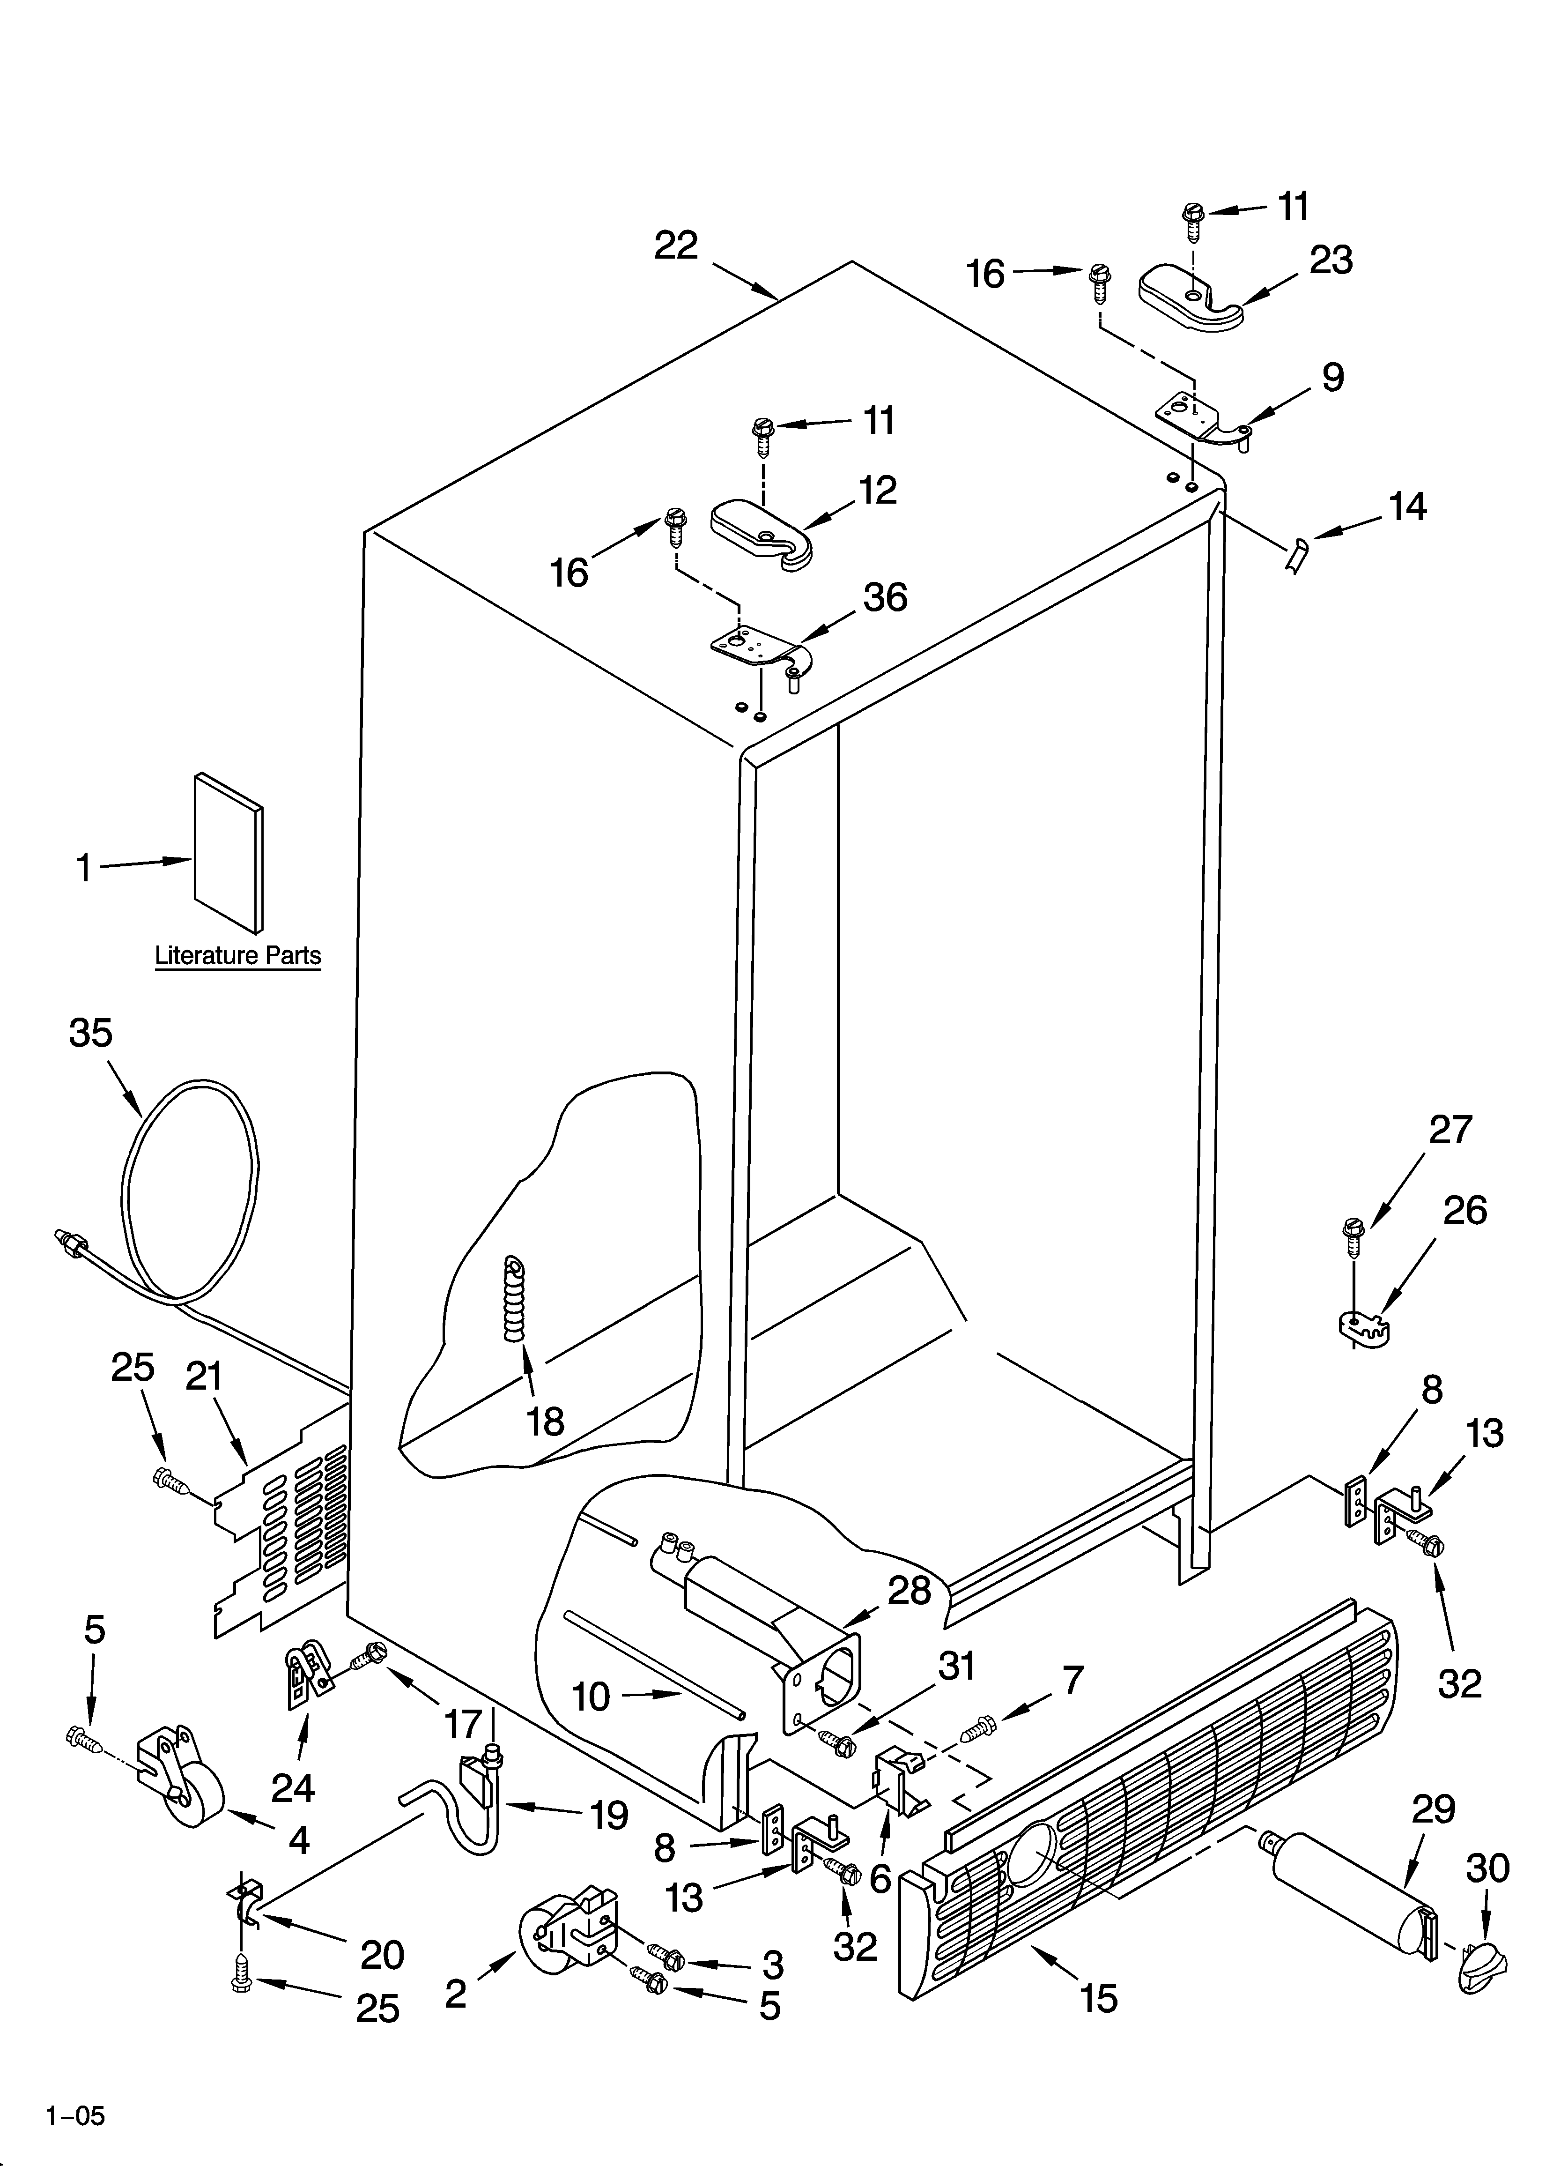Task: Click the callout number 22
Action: coord(676,246)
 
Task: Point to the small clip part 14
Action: coord(1297,555)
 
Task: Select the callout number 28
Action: coord(909,1590)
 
